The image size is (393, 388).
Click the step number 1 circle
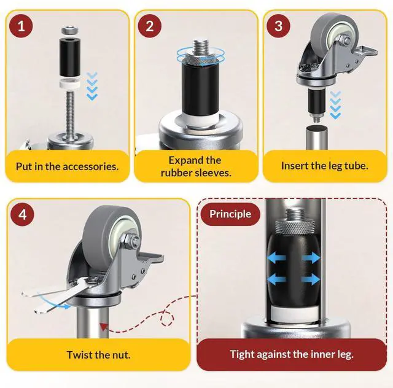(21, 26)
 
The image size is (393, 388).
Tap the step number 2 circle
(150, 26)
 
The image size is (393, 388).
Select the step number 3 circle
(278, 26)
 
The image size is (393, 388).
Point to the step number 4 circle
(22, 214)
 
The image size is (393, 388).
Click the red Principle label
(230, 214)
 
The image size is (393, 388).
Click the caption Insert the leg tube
(325, 166)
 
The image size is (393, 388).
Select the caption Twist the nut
(98, 355)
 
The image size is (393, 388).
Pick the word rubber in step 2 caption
(176, 173)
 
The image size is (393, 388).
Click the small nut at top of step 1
(69, 31)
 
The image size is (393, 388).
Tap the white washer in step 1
(70, 83)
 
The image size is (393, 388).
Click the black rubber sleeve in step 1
(70, 56)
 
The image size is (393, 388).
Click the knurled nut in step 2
(201, 60)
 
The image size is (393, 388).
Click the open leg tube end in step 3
(317, 128)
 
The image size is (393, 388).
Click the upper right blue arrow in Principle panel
(311, 257)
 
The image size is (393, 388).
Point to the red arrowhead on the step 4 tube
(104, 327)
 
